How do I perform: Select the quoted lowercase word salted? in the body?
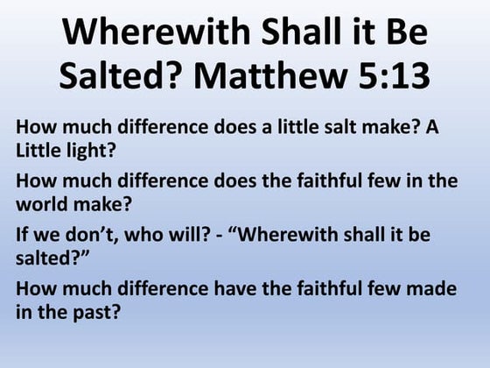coord(46,260)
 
